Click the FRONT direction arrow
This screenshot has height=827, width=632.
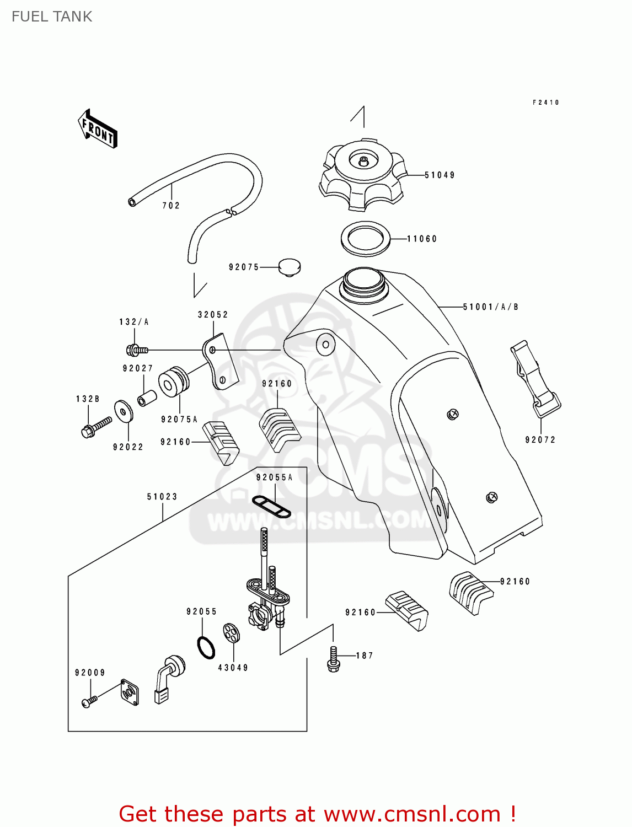point(98,130)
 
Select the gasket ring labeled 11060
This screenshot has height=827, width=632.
point(365,238)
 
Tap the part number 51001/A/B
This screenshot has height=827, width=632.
point(490,307)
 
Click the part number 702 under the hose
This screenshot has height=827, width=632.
point(171,206)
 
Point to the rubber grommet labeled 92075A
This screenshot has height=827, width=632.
point(173,381)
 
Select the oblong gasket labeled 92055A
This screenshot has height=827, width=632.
point(271,506)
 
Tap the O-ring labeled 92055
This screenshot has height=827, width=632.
point(206,647)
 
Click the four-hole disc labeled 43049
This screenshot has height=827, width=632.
point(232,633)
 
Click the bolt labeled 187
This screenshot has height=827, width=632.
point(333,659)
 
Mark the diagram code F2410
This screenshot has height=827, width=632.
point(546,103)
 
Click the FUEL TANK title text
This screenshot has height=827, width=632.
point(52,17)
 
